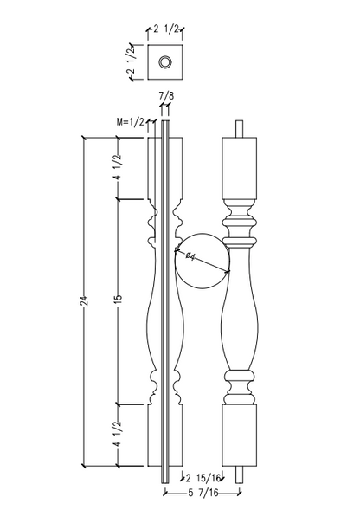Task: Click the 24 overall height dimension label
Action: click(84, 300)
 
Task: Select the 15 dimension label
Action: click(119, 298)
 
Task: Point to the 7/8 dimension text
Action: click(166, 96)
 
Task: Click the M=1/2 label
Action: click(131, 122)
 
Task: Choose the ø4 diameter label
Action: click(190, 256)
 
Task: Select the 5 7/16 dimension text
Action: click(203, 493)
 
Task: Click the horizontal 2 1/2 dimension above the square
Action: click(166, 29)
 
